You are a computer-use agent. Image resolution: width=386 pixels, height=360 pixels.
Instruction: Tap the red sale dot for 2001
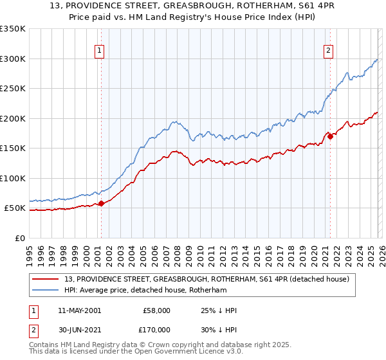(101, 204)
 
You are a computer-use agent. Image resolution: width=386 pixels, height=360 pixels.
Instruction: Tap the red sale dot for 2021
(330, 136)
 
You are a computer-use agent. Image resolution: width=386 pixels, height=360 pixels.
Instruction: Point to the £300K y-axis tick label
(13, 59)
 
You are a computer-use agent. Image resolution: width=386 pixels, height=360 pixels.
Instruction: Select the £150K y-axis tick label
(13, 148)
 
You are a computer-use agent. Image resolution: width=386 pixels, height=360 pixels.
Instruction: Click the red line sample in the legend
(46, 279)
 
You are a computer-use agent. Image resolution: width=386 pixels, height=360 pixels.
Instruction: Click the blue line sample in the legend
(46, 291)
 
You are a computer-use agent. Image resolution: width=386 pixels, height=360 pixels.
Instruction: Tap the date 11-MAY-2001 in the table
(79, 310)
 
